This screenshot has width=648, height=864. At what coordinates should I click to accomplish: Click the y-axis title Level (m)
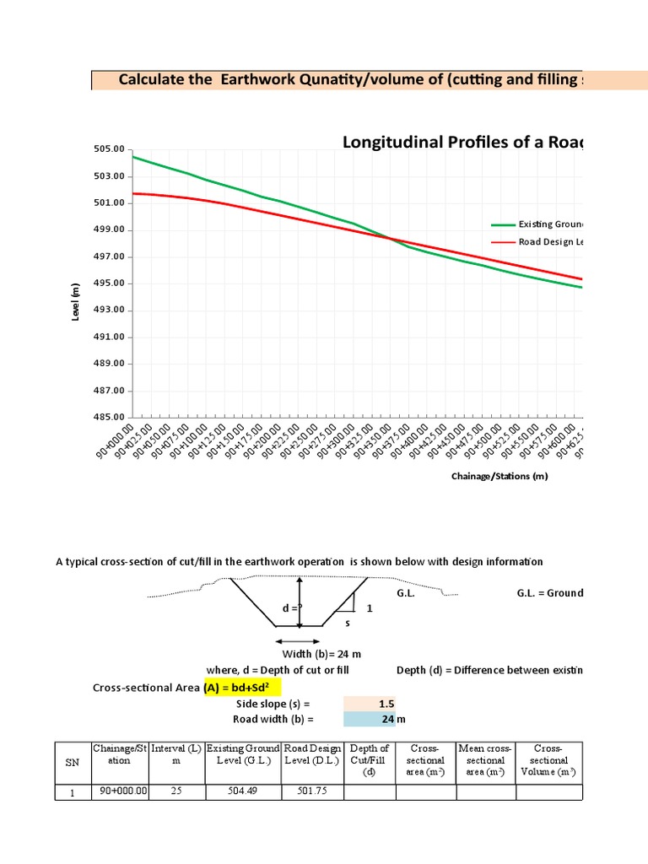[76, 300]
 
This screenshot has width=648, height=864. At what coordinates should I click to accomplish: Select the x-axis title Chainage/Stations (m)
[499, 477]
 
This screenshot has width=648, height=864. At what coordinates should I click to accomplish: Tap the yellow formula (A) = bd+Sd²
[241, 688]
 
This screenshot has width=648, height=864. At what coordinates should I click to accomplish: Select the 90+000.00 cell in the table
[121, 791]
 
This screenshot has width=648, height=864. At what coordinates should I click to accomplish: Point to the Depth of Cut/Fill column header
[370, 760]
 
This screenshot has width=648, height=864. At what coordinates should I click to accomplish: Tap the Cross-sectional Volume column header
[548, 760]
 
